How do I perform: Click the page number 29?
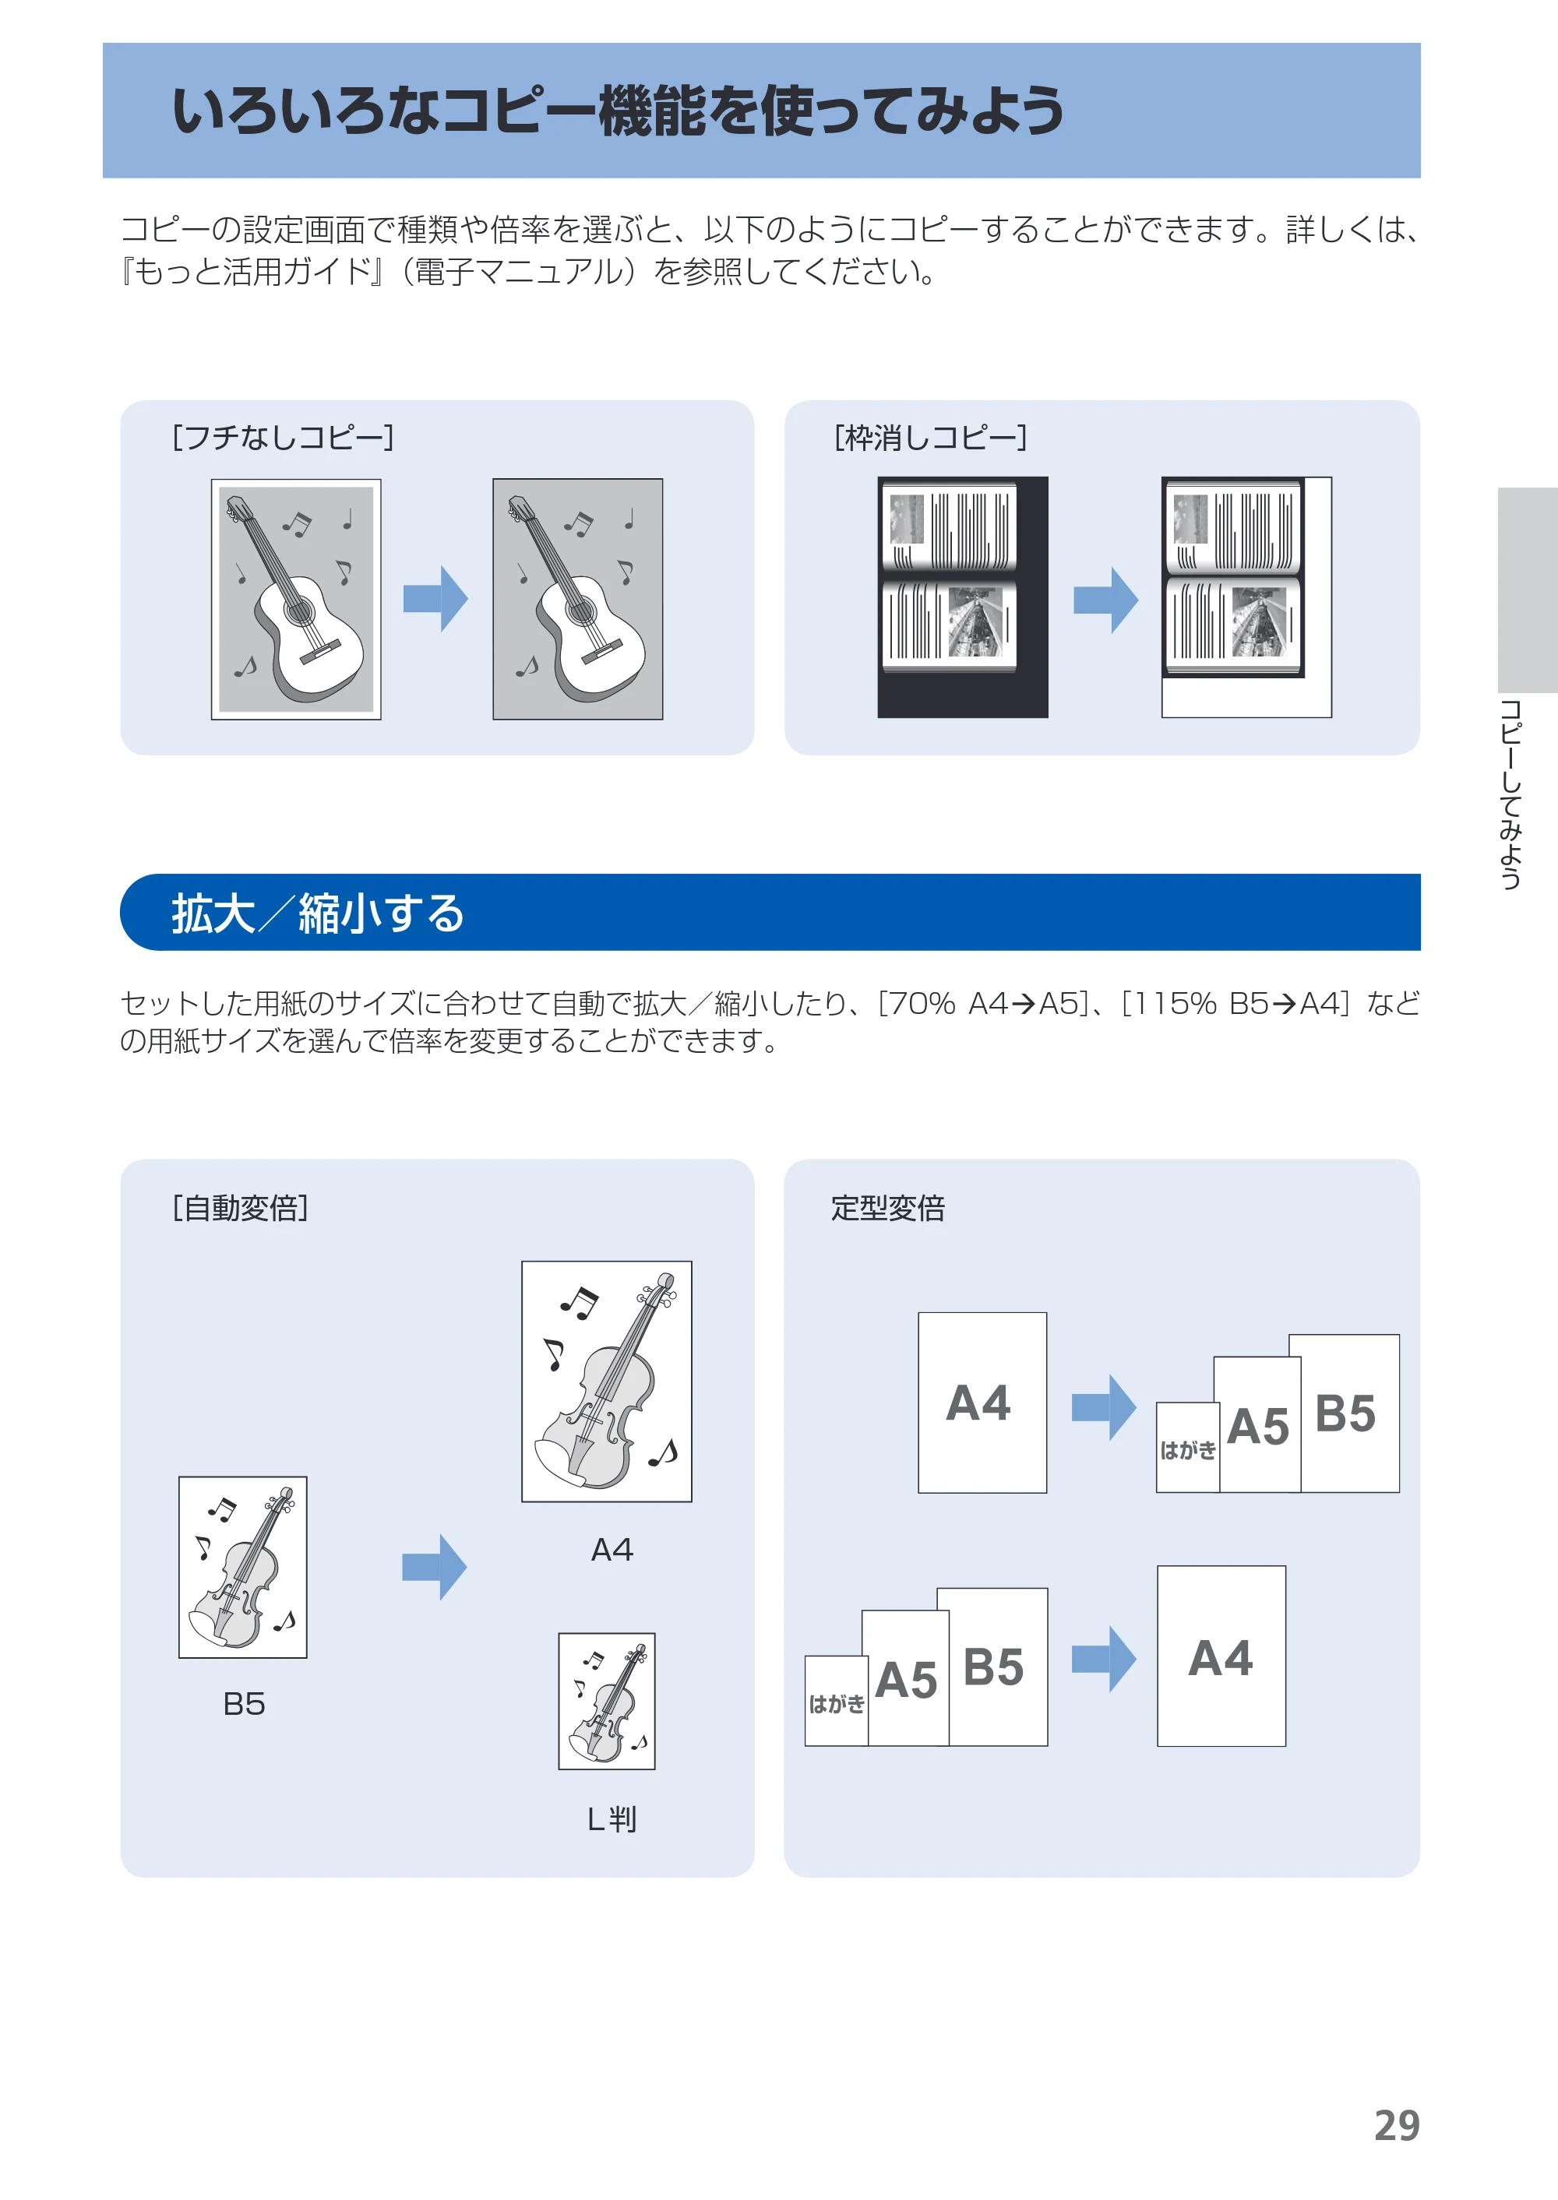point(1396,2125)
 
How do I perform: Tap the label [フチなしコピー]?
point(283,438)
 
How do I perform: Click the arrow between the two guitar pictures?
point(435,598)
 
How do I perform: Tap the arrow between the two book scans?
point(1105,600)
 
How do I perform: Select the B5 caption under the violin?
point(244,1704)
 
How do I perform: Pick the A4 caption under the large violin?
point(612,1550)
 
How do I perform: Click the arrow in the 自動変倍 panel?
point(435,1567)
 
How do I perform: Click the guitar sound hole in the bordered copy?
point(299,610)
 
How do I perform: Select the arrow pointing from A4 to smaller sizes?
point(1104,1407)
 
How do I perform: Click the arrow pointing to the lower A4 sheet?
point(1104,1658)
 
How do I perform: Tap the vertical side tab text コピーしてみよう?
point(1511,794)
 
